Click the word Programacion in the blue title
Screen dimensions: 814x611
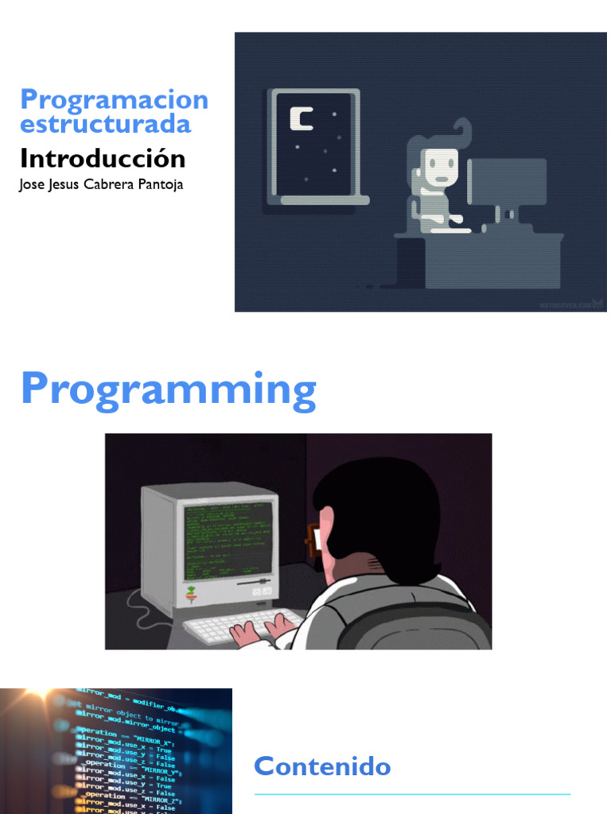click(114, 100)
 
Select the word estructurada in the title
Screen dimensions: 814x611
click(105, 124)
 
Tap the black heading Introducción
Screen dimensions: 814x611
click(103, 158)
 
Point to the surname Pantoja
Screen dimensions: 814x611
click(162, 185)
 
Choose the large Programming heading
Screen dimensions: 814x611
click(168, 390)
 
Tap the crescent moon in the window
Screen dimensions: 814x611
click(300, 118)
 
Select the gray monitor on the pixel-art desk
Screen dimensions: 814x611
click(507, 182)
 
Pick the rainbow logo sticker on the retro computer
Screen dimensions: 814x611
click(192, 592)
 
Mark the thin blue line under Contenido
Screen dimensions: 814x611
click(412, 793)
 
